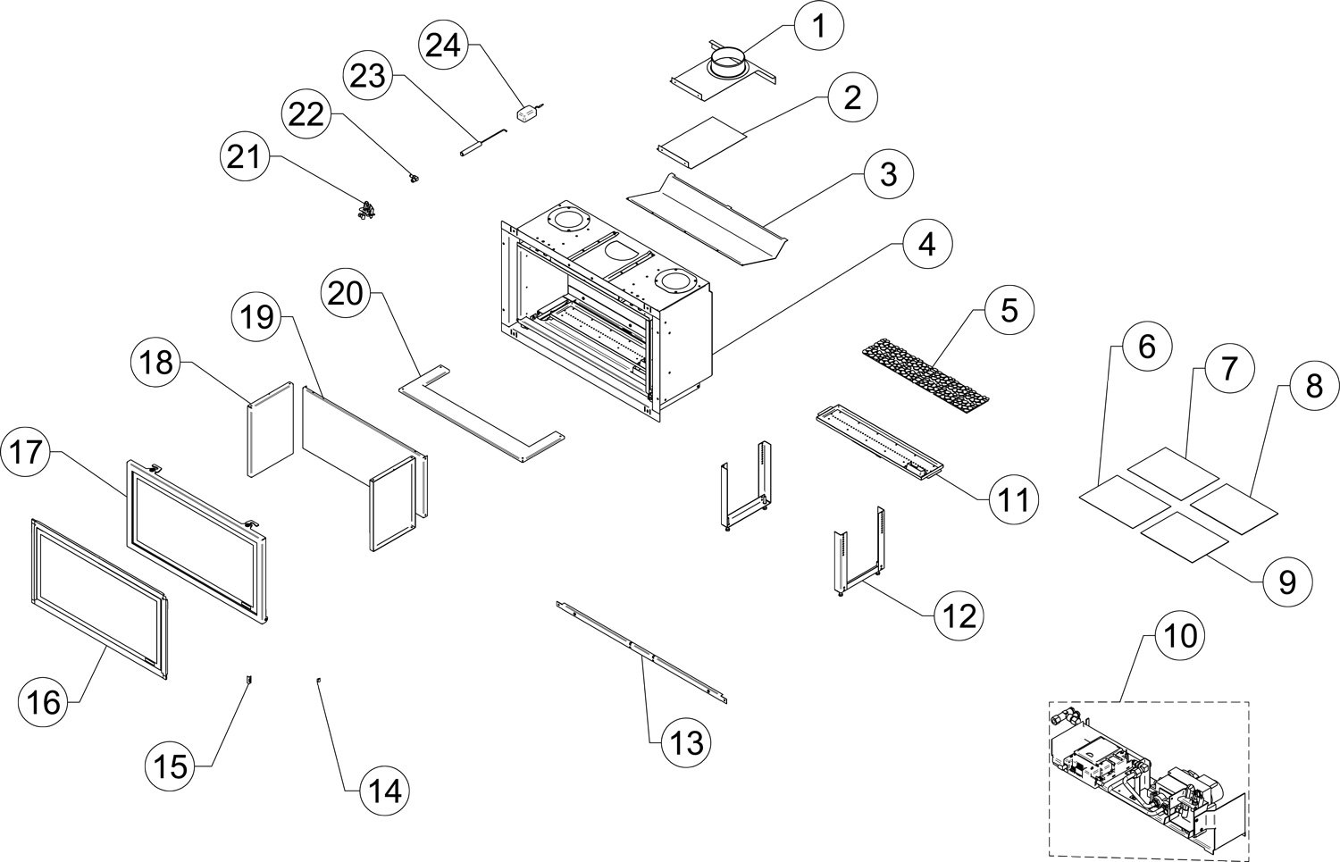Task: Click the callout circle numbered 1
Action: point(819,26)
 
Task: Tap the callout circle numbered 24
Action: point(443,45)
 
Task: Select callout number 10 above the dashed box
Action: point(1179,635)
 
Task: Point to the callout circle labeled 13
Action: point(685,743)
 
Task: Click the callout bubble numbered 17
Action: point(26,452)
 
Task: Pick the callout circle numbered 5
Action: point(1009,311)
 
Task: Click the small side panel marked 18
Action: point(271,428)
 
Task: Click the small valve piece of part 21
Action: point(366,210)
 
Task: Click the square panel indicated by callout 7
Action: point(1172,473)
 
